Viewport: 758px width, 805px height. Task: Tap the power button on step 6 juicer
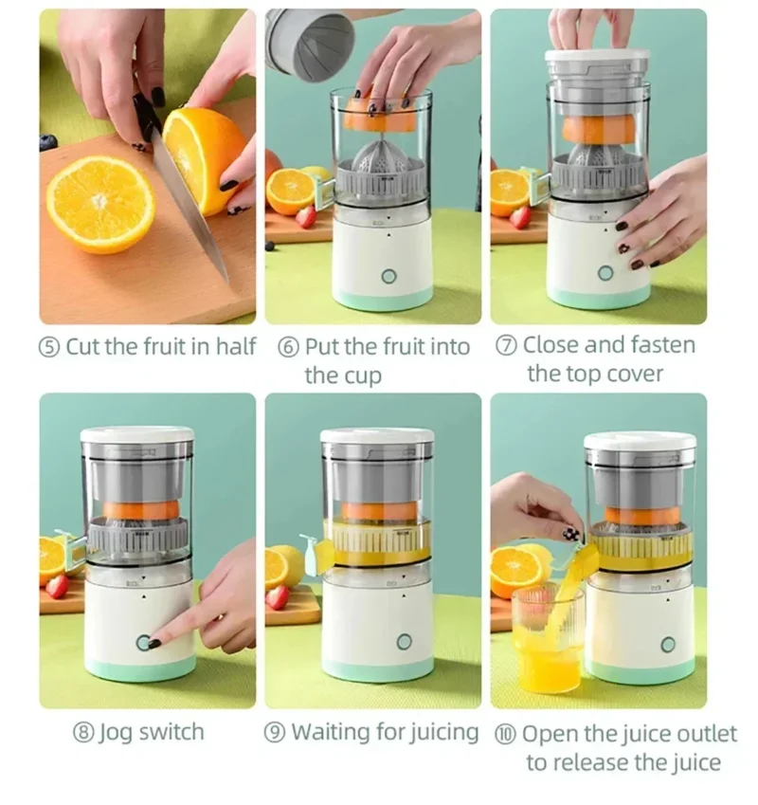tap(388, 276)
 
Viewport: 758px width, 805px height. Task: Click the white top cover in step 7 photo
tap(597, 58)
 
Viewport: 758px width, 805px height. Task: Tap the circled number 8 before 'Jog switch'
tap(82, 733)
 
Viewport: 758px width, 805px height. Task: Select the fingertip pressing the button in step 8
tap(154, 642)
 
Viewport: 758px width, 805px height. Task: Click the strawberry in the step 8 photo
tap(57, 586)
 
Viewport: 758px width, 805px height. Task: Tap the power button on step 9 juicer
tap(405, 642)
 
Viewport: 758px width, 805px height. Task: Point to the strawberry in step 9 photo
tap(278, 596)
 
